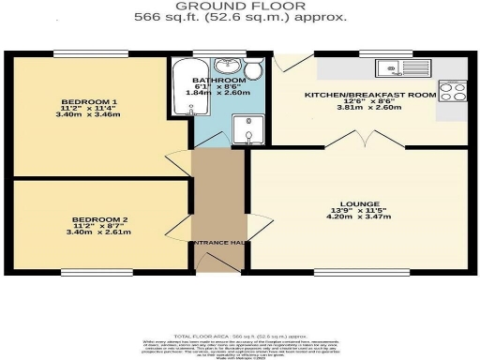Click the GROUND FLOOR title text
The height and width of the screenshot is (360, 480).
coord(240,7)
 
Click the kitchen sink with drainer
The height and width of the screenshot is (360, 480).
coord(401,67)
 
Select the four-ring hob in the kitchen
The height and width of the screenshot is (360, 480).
coord(452,92)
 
